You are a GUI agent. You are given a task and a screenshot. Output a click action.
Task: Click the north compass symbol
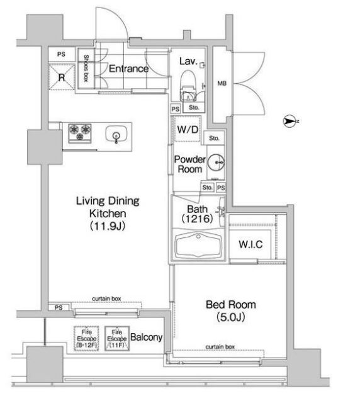[x=290, y=121]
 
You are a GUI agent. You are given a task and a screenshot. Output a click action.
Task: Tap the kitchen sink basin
[x=116, y=133]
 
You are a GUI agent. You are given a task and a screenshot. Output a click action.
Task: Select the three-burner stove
[x=80, y=133]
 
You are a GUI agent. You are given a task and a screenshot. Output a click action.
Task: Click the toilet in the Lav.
[x=188, y=86]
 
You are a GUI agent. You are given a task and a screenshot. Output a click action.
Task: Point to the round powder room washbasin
[x=216, y=162]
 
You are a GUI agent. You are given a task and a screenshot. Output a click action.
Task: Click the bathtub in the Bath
[x=198, y=246]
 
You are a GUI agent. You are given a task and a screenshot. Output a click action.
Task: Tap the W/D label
[x=188, y=129]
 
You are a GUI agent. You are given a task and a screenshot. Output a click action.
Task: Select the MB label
[x=222, y=83]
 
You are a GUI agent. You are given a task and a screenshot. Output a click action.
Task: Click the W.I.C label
[x=250, y=244]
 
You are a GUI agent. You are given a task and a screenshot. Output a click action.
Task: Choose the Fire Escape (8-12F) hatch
[x=86, y=339]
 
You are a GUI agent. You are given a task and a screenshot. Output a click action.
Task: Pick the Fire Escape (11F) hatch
[x=117, y=339]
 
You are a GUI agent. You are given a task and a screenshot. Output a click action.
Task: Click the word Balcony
[x=147, y=338]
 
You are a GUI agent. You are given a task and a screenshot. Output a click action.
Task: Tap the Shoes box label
[x=86, y=68]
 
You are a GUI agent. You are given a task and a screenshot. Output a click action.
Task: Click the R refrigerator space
[x=62, y=77]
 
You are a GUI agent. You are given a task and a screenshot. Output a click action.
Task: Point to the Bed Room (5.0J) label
[x=231, y=311]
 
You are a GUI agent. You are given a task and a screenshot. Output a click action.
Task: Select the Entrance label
[x=129, y=69]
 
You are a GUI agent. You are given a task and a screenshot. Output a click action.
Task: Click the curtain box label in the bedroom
[x=220, y=347]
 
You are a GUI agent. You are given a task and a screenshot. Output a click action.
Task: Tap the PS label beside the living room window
[x=59, y=307]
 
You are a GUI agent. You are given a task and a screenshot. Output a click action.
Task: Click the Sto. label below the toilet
[x=194, y=108]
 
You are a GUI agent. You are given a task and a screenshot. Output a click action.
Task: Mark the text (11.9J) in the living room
[x=108, y=226]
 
